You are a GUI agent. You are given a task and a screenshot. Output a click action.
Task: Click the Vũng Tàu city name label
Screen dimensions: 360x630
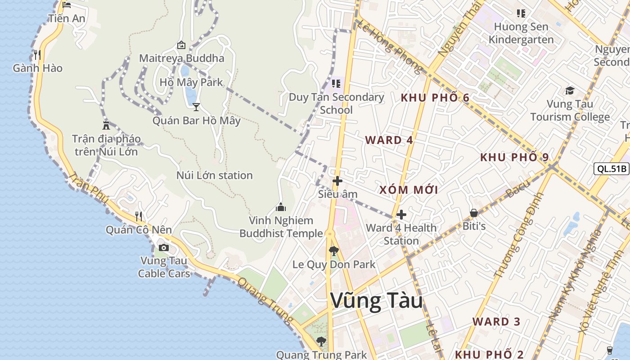coord(377,301)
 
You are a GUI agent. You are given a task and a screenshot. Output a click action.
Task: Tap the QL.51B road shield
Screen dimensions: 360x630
coord(611,169)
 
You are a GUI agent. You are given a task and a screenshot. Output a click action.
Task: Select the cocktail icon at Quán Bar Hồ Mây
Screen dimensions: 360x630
coord(196,107)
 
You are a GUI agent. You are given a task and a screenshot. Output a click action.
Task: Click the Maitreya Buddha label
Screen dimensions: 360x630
coord(181,58)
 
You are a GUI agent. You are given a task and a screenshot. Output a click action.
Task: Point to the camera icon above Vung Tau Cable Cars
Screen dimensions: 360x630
coord(164,247)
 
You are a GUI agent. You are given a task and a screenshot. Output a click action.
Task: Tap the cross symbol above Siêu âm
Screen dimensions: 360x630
coord(337,181)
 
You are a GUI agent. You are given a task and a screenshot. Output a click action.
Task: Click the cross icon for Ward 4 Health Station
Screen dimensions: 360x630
coord(401,215)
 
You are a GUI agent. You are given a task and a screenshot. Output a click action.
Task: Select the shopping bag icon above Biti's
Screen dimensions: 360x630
coord(474,212)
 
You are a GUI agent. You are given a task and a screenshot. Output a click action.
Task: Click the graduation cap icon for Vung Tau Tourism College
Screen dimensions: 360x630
coord(570,90)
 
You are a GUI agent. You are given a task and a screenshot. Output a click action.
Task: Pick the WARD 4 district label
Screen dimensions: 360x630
coord(389,140)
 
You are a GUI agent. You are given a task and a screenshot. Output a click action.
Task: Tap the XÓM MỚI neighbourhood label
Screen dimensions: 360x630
coord(409,190)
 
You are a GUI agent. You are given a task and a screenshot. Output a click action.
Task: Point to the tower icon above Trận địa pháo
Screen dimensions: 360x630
coord(106,125)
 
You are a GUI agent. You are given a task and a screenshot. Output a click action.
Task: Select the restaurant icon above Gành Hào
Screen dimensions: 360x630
coord(37,55)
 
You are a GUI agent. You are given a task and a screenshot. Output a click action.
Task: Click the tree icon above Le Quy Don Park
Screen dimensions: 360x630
coord(333,251)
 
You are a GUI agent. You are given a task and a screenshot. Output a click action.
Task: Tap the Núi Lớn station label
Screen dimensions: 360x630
coord(214,175)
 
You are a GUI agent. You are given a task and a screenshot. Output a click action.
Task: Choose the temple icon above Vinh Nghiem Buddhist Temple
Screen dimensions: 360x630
coord(281,207)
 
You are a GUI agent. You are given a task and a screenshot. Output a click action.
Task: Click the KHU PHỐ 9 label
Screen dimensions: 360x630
coord(514,157)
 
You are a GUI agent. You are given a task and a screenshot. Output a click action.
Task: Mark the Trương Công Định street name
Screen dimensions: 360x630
coord(519,235)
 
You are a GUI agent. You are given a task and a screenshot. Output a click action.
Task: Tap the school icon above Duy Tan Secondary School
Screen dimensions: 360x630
coord(336,83)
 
